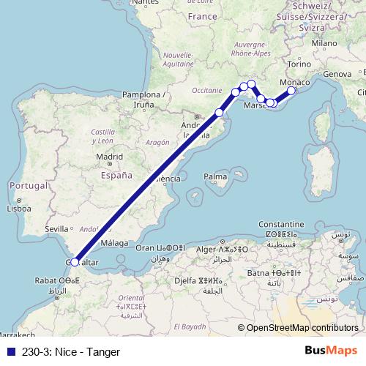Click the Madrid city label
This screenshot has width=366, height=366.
(x=108, y=156)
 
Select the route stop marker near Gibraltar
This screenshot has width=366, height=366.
(x=75, y=262)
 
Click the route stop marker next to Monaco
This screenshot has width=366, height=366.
(x=291, y=91)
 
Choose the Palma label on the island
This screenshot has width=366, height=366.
(x=215, y=176)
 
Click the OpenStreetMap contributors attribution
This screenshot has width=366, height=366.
(x=302, y=328)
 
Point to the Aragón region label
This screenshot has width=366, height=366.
(x=157, y=142)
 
